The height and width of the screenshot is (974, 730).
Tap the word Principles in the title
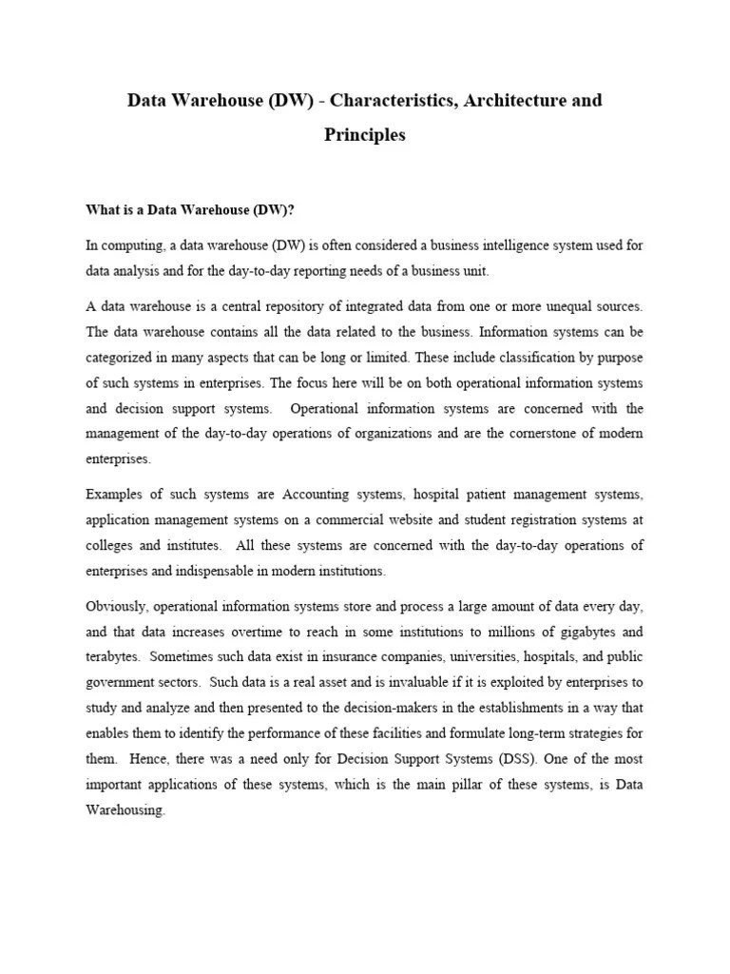tap(365, 134)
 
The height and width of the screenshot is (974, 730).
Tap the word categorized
tap(123, 358)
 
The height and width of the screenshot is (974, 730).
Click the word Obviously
tap(115, 607)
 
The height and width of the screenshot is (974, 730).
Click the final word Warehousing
tap(125, 811)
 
